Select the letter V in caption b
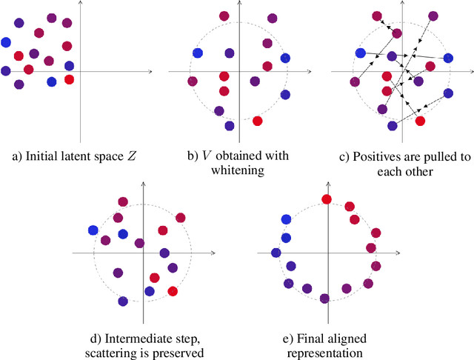(199, 156)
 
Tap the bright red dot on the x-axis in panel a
(69, 79)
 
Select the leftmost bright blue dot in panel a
(6, 43)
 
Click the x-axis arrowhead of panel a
(150, 72)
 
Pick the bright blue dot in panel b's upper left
(198, 53)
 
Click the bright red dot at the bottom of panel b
(257, 121)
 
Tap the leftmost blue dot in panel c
(360, 53)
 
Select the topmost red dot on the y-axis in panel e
(326, 199)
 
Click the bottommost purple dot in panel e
(324, 299)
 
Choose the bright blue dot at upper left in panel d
(93, 230)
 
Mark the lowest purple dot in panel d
(123, 301)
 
